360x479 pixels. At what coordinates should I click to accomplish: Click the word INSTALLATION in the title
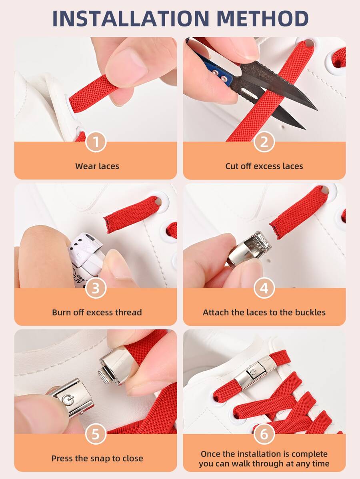[131, 18]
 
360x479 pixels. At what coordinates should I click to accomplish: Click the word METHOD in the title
[262, 18]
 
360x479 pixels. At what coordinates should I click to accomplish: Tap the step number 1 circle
[96, 142]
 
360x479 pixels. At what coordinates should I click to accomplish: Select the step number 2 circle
[264, 142]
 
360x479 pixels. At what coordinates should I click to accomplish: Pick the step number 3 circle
[96, 288]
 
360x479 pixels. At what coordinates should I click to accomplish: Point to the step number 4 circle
[264, 288]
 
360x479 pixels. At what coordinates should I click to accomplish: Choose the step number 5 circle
[96, 434]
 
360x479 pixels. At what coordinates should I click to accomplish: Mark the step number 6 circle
[264, 434]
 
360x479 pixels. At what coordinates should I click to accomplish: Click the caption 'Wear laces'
[97, 166]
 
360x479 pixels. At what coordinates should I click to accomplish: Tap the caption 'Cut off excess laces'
[264, 166]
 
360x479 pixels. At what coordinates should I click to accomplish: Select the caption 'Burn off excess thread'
[97, 313]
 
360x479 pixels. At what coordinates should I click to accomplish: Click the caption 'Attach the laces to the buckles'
[264, 313]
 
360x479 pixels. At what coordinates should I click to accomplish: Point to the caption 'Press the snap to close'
[97, 459]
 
